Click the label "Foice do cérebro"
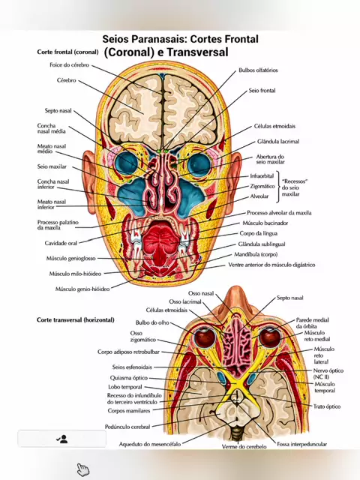tap(70, 65)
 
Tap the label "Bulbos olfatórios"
tap(258, 70)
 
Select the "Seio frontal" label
tap(262, 91)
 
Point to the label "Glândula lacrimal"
tap(278, 142)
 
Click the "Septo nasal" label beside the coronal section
tap(58, 110)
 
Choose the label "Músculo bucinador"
tap(265, 223)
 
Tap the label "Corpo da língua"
tap(259, 233)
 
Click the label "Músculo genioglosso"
tap(71, 258)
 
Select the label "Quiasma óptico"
tap(129, 378)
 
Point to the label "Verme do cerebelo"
tap(244, 447)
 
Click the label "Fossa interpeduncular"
tap(301, 444)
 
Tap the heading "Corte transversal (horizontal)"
tap(76, 320)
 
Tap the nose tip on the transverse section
tap(235, 291)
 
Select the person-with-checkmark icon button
tap(62, 439)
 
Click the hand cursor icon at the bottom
tap(82, 469)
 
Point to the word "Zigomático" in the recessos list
tap(262, 186)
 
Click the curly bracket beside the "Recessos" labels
tap(278, 187)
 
